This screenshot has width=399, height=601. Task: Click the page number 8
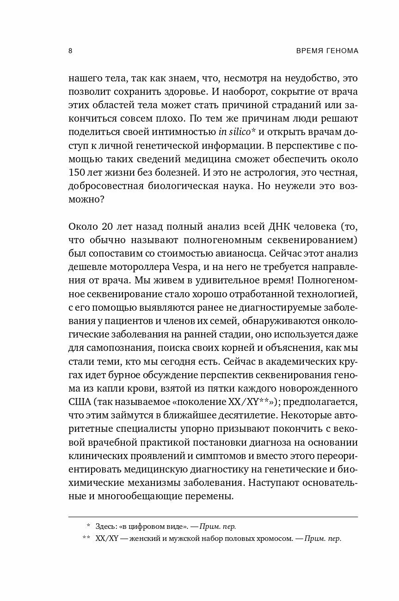click(70, 51)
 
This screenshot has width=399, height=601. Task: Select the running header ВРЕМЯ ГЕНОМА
click(327, 51)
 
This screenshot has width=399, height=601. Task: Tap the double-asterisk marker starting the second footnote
click(86, 539)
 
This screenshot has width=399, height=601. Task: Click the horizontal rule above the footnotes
click(213, 516)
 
